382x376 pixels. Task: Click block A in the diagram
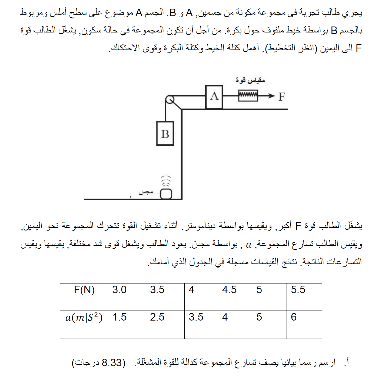214,97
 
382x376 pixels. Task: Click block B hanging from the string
165,134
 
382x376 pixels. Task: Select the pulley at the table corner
170,100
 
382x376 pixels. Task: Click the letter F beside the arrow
281,97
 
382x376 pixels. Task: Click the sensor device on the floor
166,194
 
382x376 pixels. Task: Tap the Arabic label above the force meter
250,80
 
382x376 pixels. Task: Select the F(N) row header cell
84,290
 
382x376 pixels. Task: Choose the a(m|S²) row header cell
84,317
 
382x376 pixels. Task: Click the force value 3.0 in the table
119,290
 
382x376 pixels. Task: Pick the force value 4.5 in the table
229,290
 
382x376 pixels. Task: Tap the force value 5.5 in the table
298,290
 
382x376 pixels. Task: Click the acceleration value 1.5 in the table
119,317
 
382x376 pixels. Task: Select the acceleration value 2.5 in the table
157,317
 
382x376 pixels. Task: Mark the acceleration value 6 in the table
294,317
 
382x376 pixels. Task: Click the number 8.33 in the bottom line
112,362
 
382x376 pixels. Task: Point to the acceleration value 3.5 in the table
196,317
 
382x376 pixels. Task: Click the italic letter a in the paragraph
248,245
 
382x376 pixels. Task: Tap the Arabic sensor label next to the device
146,192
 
